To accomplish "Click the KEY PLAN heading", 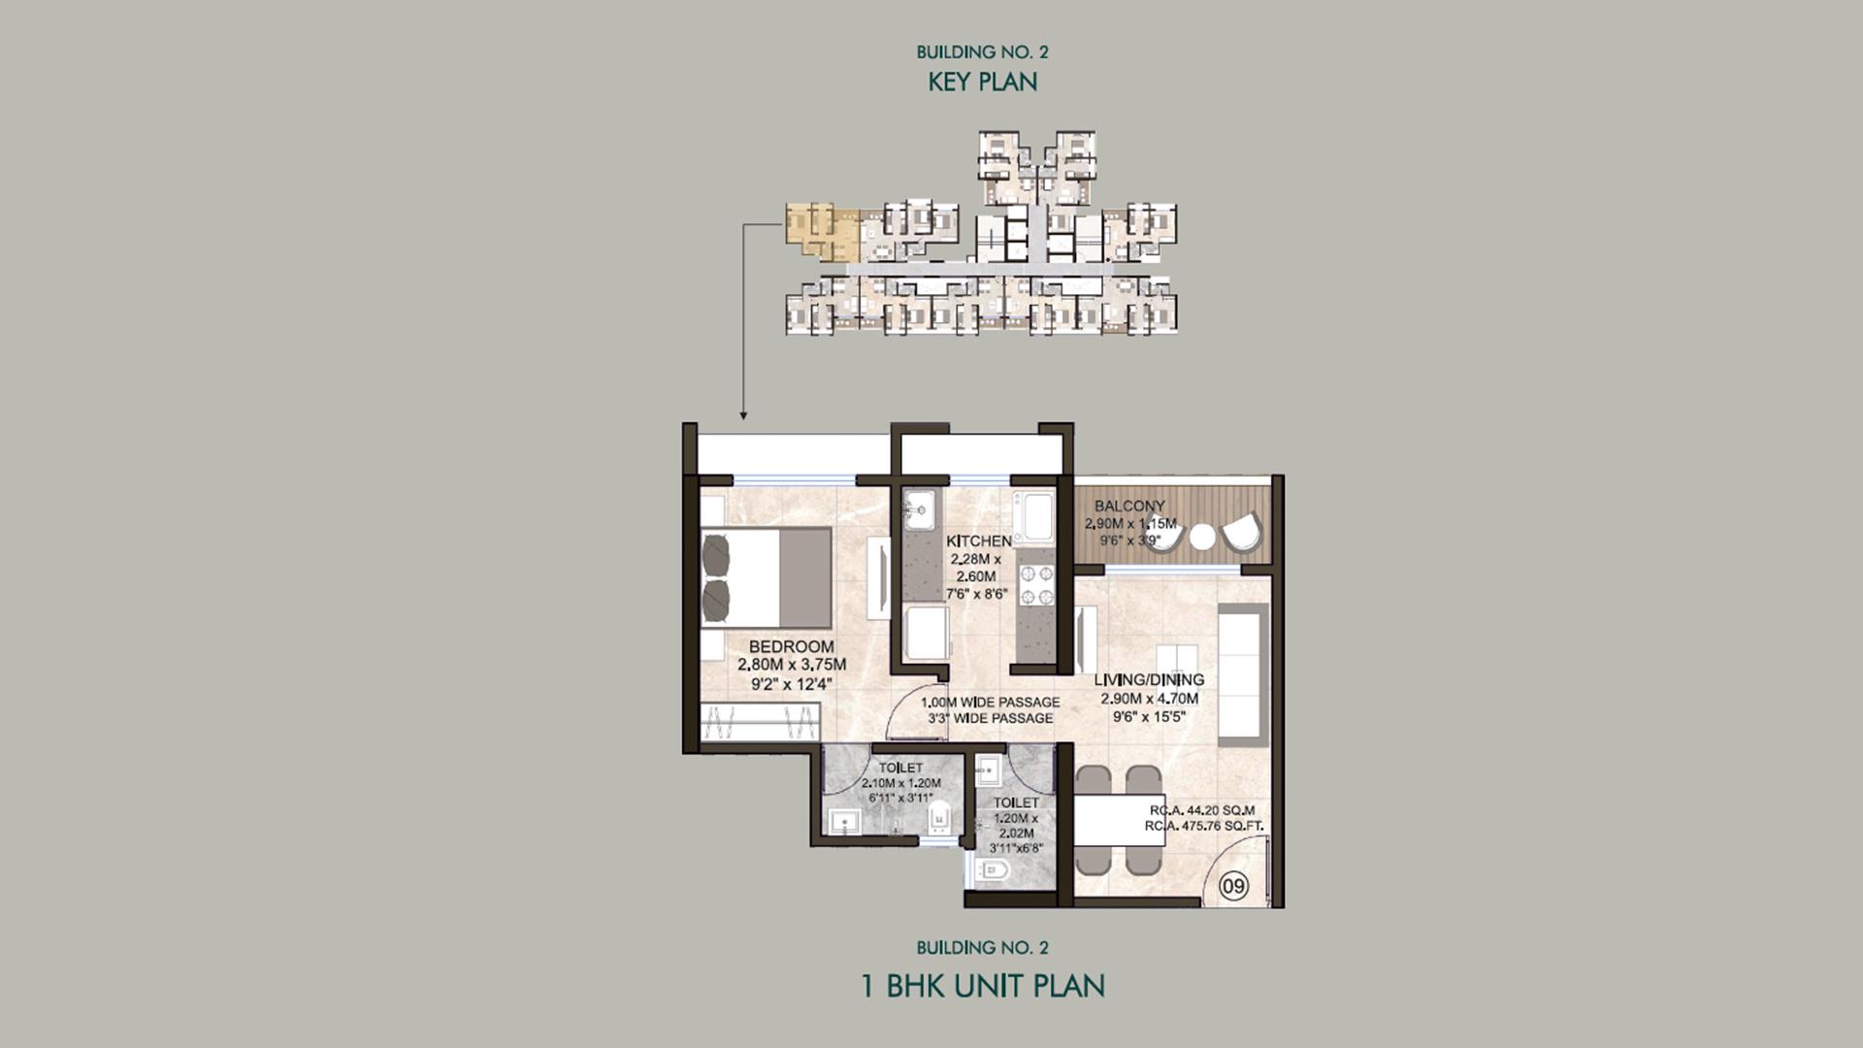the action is pos(982,82).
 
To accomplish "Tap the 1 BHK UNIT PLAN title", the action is pos(983,986).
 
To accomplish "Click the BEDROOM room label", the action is pos(791,646).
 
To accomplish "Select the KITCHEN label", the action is pos(979,540).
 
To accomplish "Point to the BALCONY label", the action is pos(1129,506).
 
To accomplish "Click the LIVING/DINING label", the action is pos(1149,680).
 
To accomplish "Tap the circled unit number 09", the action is pos(1233,886).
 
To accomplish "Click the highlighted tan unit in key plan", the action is pos(821,232).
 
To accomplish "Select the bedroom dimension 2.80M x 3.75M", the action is pos(792,665).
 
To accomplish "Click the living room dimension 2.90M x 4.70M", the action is pos(1149,699).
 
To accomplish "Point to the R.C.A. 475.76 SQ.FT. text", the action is pos(1203,826).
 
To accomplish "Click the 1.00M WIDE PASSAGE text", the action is pos(990,702).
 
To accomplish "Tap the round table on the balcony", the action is pos(1203,537).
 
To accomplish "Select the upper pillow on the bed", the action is pos(715,554).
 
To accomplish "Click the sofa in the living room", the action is pos(1243,670).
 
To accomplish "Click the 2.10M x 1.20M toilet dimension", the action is pos(901,783).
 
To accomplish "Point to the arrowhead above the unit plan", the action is pos(743,415).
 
